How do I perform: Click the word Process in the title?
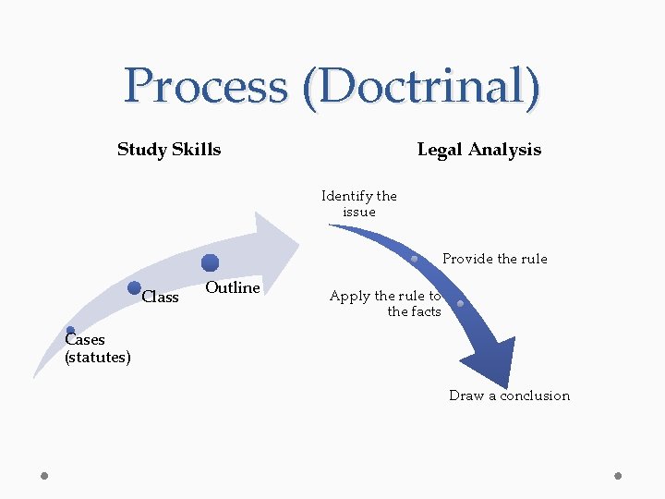[x=206, y=87]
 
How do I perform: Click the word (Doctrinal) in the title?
[x=427, y=87]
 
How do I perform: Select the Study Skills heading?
[x=169, y=150]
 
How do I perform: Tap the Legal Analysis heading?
[x=478, y=150]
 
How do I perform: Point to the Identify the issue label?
[x=358, y=203]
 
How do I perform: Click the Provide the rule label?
[x=494, y=259]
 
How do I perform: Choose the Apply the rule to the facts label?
[x=386, y=303]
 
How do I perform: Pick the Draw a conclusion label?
[x=509, y=396]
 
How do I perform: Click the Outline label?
[x=232, y=288]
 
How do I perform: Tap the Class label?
[x=161, y=298]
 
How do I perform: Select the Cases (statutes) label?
[x=97, y=348]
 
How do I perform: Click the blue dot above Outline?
[x=211, y=262]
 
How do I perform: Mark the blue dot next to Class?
[x=134, y=288]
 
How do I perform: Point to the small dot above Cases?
[x=70, y=330]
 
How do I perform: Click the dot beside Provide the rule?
[x=415, y=259]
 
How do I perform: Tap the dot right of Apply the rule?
[x=460, y=303]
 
